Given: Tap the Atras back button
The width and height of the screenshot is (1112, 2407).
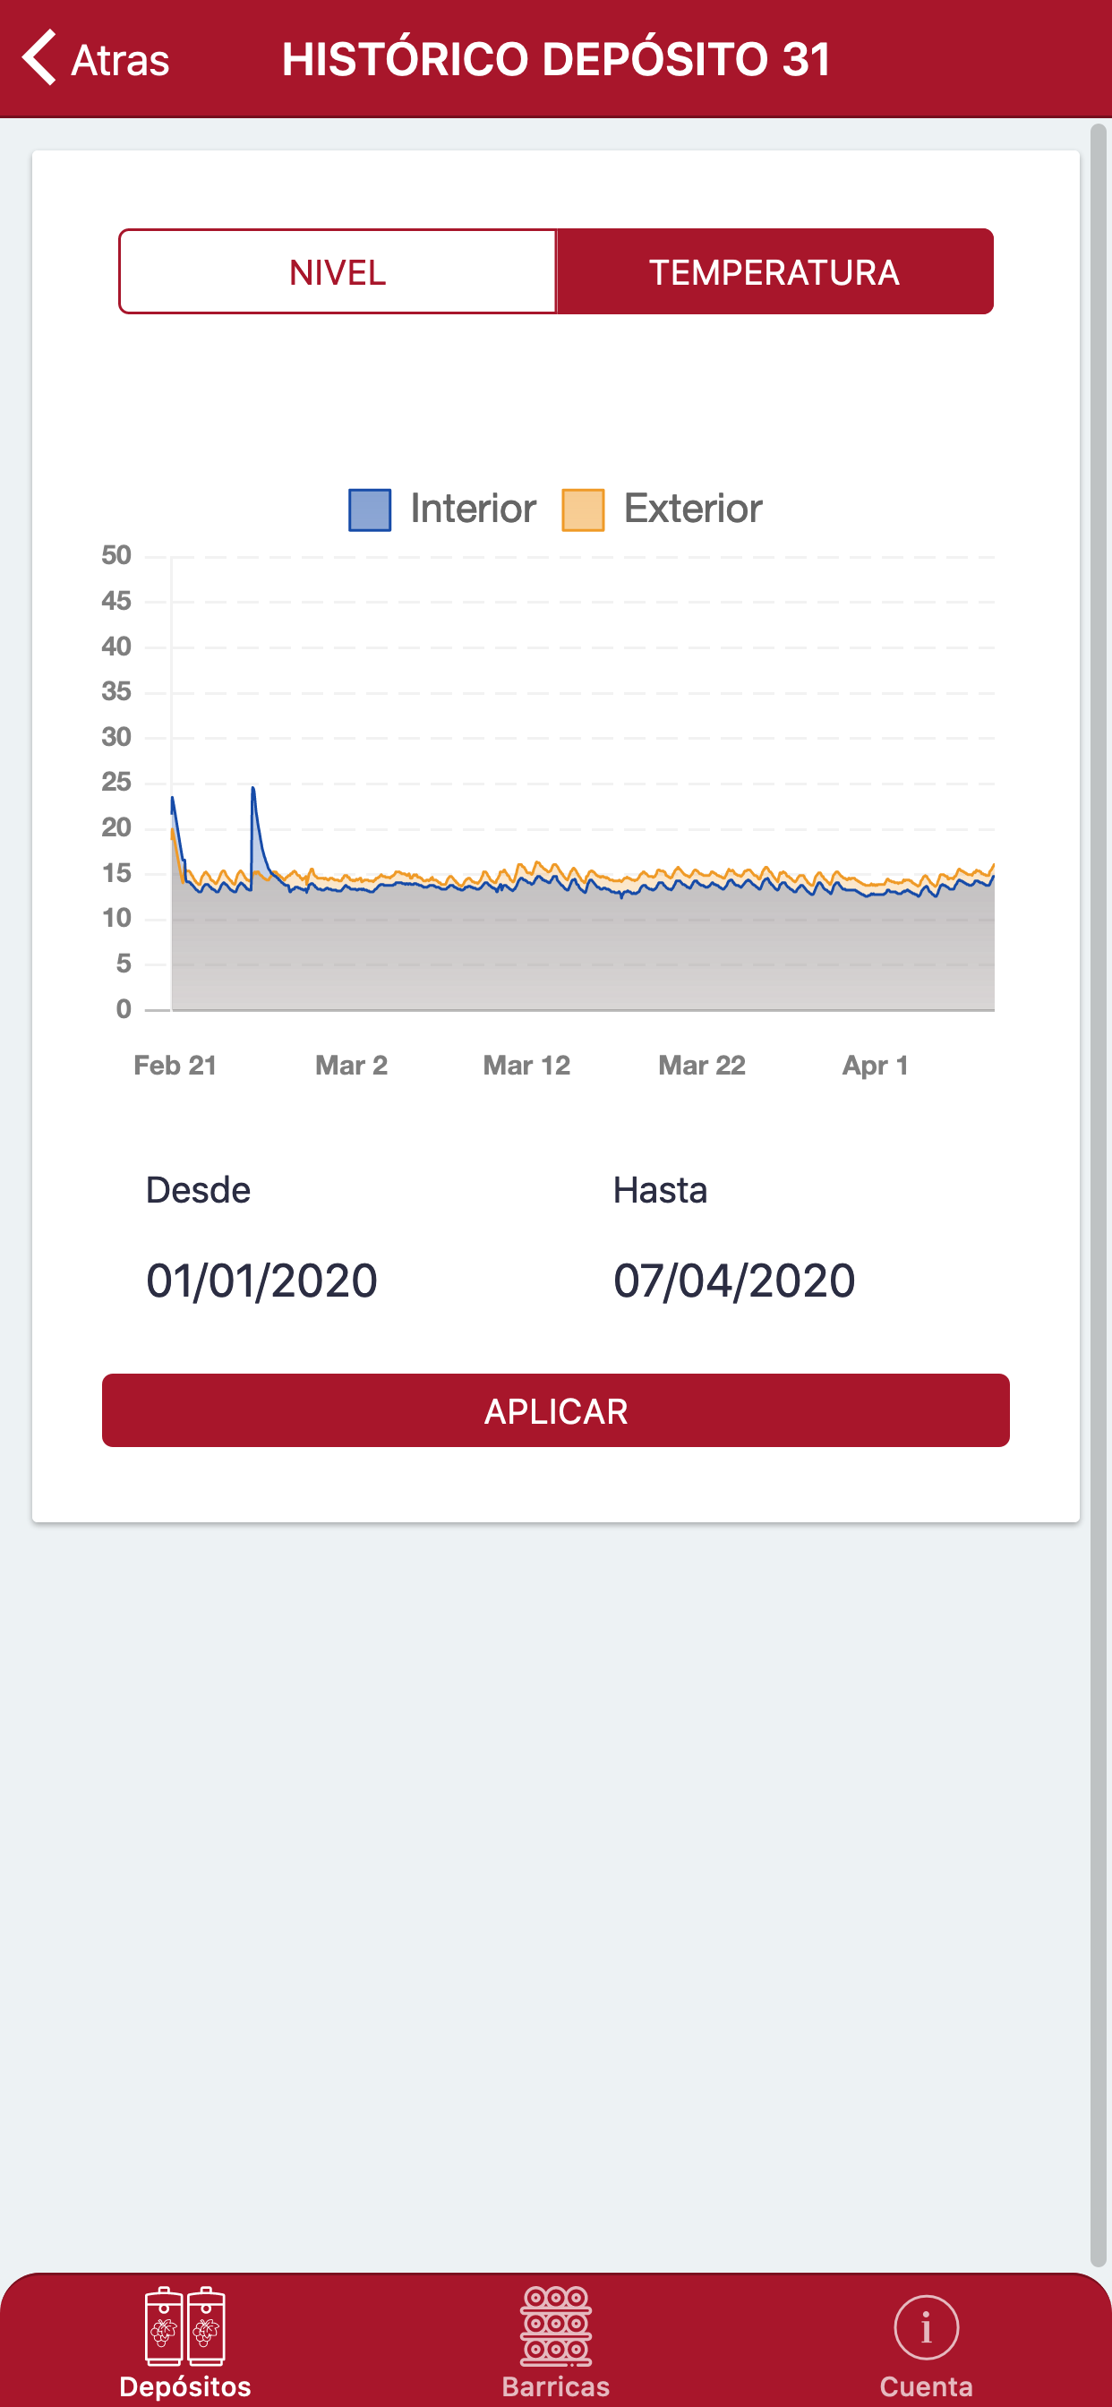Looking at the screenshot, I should [95, 59].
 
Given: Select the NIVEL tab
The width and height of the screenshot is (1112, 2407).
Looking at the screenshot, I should [338, 272].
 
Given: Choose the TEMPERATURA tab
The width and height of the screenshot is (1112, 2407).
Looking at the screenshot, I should [774, 272].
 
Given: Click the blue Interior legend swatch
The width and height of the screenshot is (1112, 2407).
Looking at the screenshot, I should [370, 510].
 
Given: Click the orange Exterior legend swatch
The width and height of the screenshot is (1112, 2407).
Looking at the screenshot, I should [583, 510].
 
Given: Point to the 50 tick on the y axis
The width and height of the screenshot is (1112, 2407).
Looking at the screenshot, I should [116, 556].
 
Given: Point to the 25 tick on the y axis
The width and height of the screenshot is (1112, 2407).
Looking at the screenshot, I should [116, 782].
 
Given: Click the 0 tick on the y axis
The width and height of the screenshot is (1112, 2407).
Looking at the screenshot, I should [124, 1009].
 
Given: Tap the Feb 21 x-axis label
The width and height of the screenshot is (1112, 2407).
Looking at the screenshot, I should [175, 1066].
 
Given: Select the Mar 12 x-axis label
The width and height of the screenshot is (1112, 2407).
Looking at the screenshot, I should [526, 1066].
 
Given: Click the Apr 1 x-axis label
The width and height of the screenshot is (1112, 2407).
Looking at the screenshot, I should [876, 1066].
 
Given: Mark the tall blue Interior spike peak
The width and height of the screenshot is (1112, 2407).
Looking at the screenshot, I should [253, 790].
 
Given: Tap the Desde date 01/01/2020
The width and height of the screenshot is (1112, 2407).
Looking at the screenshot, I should [261, 1281].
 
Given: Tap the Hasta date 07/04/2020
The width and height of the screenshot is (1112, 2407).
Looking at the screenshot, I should [734, 1281].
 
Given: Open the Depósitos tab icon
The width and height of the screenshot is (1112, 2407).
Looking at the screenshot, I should [185, 2327].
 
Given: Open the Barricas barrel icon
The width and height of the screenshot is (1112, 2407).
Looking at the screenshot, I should [556, 2325].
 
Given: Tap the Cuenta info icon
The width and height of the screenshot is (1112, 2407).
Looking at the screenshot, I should [926, 2327].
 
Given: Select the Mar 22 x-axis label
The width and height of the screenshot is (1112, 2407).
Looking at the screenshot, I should [702, 1066].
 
